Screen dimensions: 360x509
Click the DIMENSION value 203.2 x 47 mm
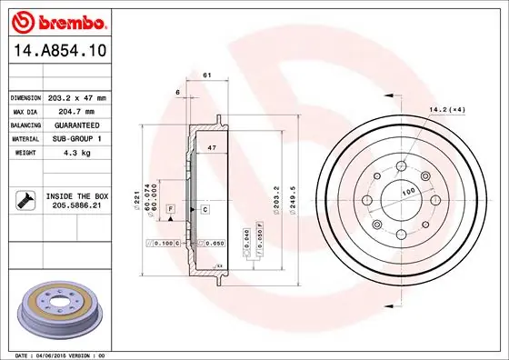coord(77,97)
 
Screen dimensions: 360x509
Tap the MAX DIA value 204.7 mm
coord(77,110)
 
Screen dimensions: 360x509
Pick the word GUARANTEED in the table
coord(77,124)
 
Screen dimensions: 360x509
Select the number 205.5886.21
coord(78,206)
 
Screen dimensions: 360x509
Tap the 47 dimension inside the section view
coord(211,145)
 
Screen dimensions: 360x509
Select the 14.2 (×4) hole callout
coord(447,111)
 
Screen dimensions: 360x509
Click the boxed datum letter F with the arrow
coord(170,209)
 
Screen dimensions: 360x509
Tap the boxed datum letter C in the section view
coord(205,209)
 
